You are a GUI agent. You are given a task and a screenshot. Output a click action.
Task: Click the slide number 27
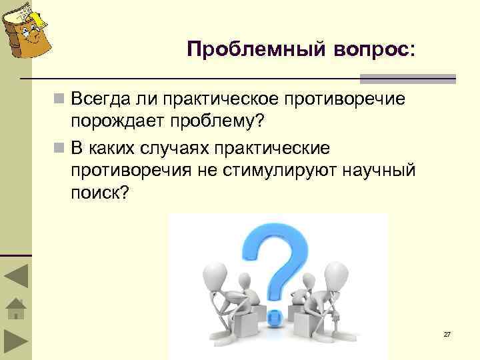click(447, 334)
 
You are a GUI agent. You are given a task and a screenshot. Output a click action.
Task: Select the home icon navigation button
click(15, 309)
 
